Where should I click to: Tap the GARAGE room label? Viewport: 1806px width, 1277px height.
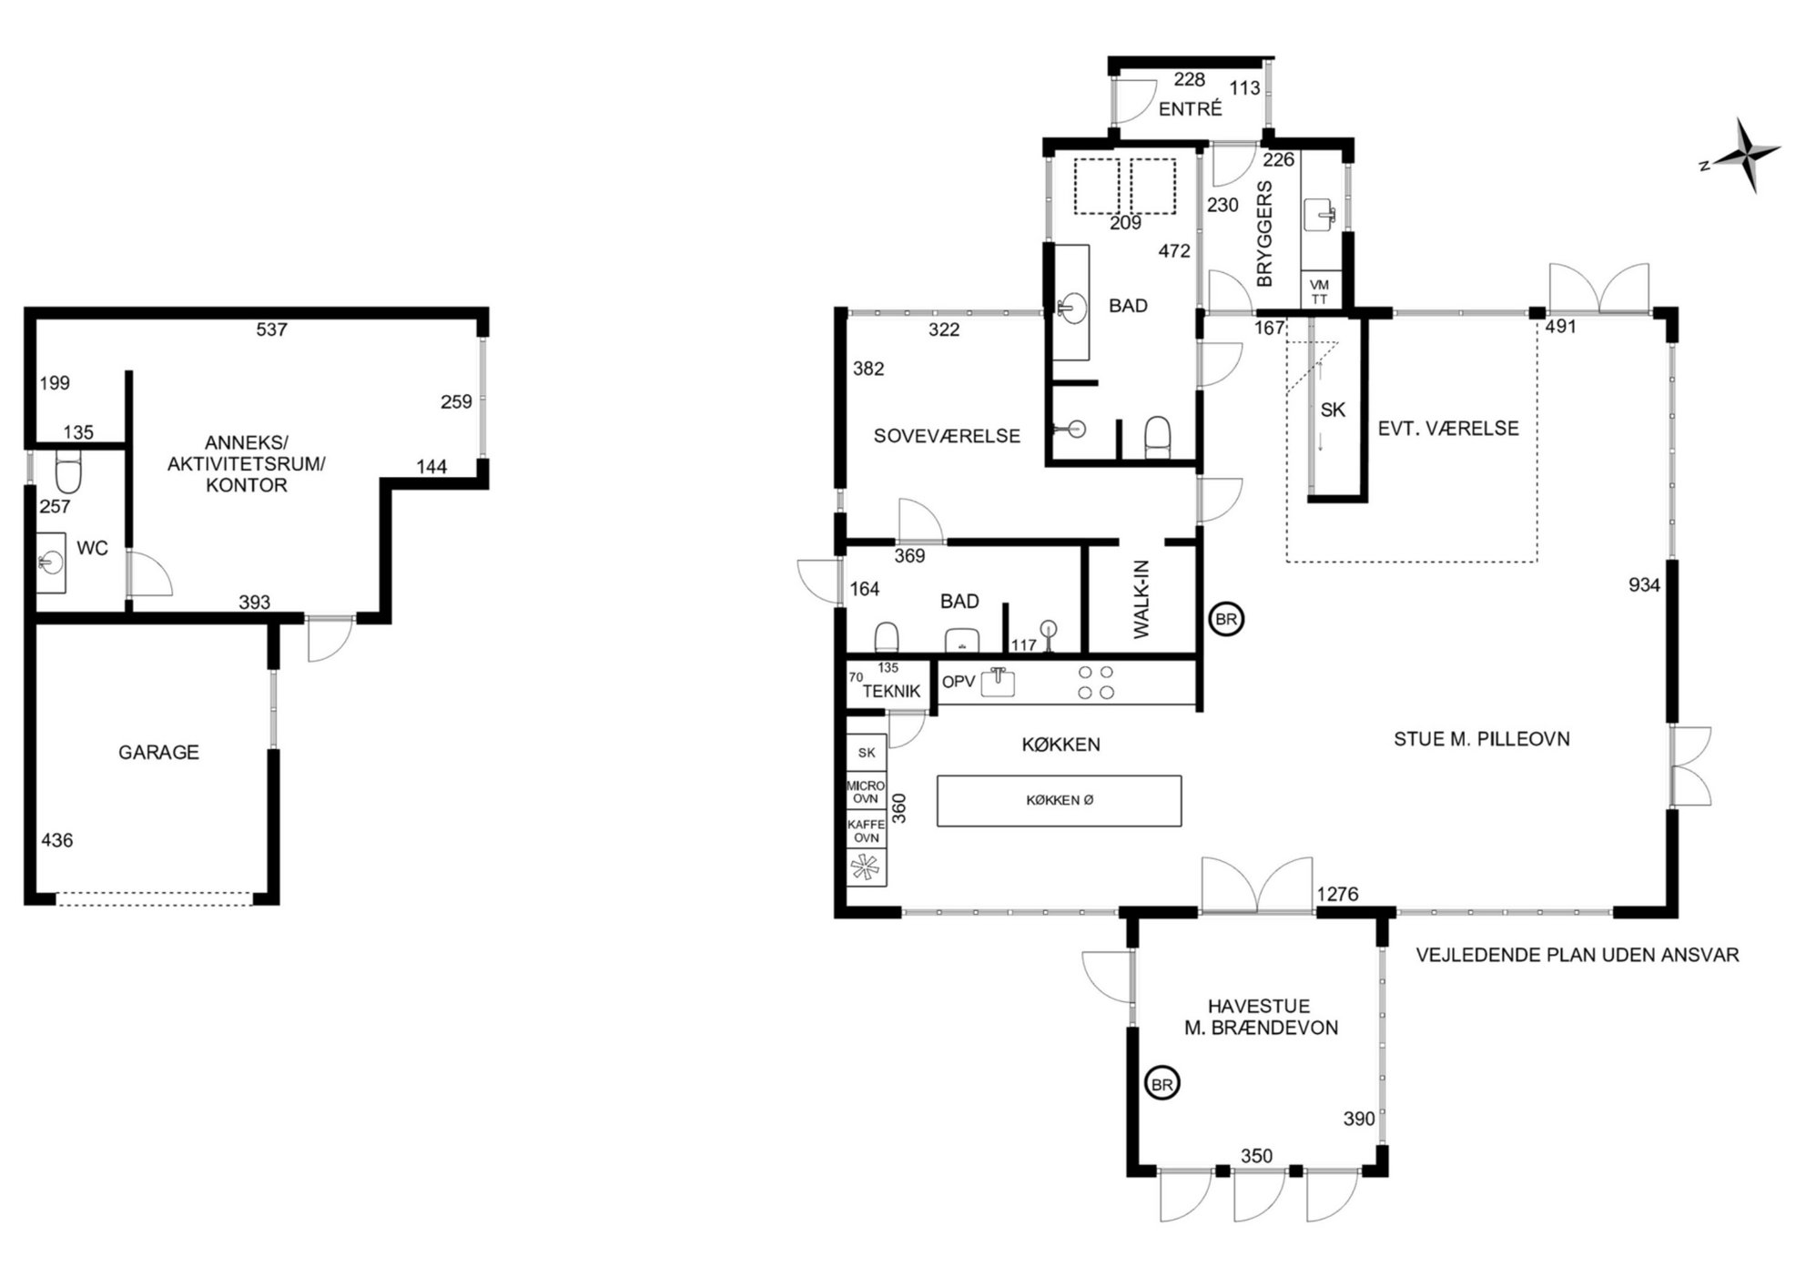pyautogui.click(x=158, y=752)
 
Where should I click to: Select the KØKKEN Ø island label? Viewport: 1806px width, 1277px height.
pyautogui.click(x=1060, y=800)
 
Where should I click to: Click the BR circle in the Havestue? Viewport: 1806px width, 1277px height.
pyautogui.click(x=1162, y=1084)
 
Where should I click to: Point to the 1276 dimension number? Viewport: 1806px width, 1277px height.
pyautogui.click(x=1337, y=894)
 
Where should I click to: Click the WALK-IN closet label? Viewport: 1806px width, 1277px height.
pyautogui.click(x=1142, y=599)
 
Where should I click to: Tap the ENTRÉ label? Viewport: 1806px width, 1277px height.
pyautogui.click(x=1190, y=109)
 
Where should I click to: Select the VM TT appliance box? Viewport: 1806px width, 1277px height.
pyautogui.click(x=1319, y=291)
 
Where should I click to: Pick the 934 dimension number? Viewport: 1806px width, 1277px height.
pyautogui.click(x=1644, y=585)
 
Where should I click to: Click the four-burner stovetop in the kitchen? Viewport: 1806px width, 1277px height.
pyautogui.click(x=1095, y=683)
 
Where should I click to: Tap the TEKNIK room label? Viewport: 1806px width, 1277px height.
pyautogui.click(x=891, y=691)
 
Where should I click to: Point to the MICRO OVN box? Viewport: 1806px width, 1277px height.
pyautogui.click(x=865, y=792)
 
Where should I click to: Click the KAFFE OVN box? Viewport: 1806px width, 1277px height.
pyautogui.click(x=865, y=831)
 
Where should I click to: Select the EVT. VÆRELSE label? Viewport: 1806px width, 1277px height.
pyautogui.click(x=1448, y=428)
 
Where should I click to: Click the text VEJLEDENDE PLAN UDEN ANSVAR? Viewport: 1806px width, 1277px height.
pyautogui.click(x=1578, y=955)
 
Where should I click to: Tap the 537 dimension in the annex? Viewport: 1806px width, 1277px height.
pyautogui.click(x=271, y=329)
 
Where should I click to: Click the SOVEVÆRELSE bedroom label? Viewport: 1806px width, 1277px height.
pyautogui.click(x=947, y=436)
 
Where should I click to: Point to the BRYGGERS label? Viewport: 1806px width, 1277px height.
pyautogui.click(x=1264, y=234)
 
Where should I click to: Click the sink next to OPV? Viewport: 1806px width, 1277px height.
pyautogui.click(x=998, y=681)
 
